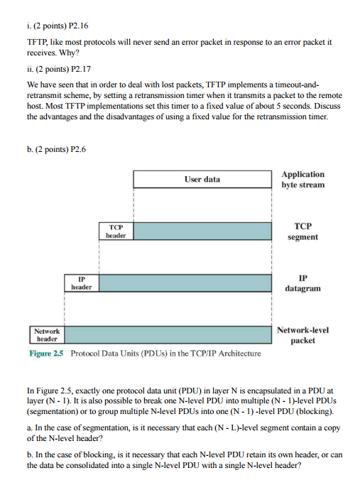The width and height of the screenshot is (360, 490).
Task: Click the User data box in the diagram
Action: pyautogui.click(x=202, y=180)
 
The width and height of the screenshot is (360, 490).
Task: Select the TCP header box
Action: pyautogui.click(x=116, y=231)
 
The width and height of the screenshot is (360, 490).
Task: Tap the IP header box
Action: pyautogui.click(x=82, y=282)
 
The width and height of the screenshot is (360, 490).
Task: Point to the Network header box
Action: pyautogui.click(x=48, y=334)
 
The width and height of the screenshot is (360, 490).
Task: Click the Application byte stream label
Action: pyautogui.click(x=302, y=179)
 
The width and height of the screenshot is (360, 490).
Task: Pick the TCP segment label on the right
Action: pyautogui.click(x=302, y=231)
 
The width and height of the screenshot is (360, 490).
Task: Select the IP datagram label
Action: pyautogui.click(x=302, y=283)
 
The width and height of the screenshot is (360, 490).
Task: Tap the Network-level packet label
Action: pyautogui.click(x=302, y=334)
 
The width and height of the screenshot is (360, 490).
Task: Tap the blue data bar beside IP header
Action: pyautogui.click(x=185, y=282)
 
